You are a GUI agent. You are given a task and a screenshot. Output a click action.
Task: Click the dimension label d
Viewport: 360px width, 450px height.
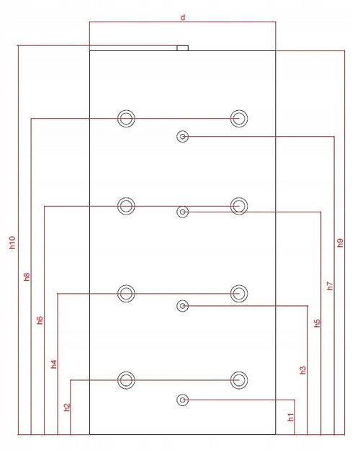pyautogui.click(x=183, y=17)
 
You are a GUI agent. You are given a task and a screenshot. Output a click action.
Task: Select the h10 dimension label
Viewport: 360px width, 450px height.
pyautogui.click(x=12, y=243)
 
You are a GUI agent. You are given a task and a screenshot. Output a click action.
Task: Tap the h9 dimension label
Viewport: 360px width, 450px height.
pyautogui.click(x=340, y=243)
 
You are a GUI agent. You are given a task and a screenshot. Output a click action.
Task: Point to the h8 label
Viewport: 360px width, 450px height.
pyautogui.click(x=27, y=276)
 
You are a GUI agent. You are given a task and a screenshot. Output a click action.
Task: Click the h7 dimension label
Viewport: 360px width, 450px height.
pyautogui.click(x=330, y=286)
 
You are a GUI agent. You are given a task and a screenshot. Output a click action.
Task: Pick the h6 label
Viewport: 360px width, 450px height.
pyautogui.click(x=40, y=320)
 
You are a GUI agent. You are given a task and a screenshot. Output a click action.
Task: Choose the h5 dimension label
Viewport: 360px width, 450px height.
pyautogui.click(x=317, y=323)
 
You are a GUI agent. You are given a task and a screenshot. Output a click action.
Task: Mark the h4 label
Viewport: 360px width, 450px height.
pyautogui.click(x=54, y=364)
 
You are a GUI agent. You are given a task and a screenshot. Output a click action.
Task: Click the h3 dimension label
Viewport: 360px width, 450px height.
pyautogui.click(x=303, y=370)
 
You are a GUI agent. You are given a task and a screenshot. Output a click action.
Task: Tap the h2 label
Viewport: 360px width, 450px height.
pyautogui.click(x=67, y=407)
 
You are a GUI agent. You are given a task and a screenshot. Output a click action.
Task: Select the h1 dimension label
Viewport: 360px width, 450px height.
pyautogui.click(x=291, y=417)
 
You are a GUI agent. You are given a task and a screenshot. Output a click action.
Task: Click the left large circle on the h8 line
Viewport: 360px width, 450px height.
pyautogui.click(x=126, y=110)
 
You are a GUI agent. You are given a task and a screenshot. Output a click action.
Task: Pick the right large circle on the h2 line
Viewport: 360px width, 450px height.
pyautogui.click(x=239, y=372)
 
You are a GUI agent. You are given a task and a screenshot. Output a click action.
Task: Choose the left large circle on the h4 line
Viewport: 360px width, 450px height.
pyautogui.click(x=126, y=285)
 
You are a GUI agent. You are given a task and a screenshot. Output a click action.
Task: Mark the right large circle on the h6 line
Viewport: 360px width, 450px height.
pyautogui.click(x=239, y=198)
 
